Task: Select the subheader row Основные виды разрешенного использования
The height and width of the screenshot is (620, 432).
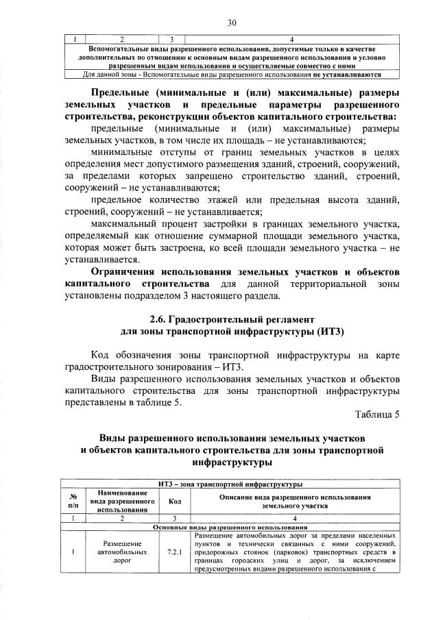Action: tap(231, 527)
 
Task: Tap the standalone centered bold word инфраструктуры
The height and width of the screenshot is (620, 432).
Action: tap(231, 462)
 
